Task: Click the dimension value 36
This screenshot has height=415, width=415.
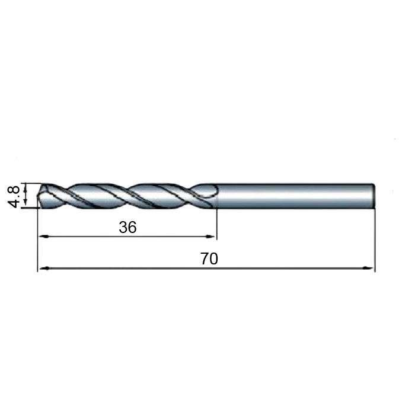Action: (127, 227)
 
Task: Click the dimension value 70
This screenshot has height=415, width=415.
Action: (209, 258)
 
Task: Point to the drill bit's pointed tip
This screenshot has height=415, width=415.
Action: (37, 196)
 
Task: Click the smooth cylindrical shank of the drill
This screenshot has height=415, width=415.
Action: (296, 196)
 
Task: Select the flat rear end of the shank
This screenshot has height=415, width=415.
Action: (374, 196)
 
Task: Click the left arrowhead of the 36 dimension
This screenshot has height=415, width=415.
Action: (44, 237)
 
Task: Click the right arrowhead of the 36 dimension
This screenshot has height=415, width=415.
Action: (210, 237)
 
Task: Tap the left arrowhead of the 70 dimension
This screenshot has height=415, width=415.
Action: (44, 269)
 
